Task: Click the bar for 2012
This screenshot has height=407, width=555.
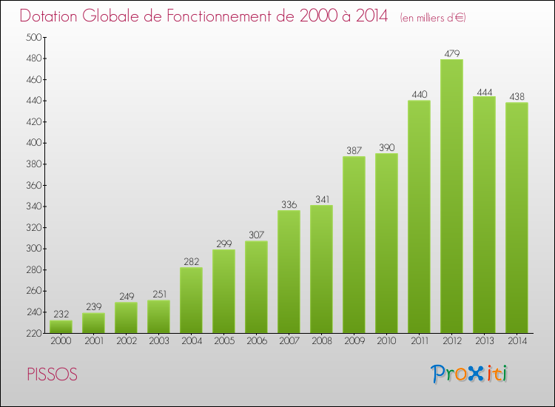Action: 451,196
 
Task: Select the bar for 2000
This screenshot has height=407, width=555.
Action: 61,326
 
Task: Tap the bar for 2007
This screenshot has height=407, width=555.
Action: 289,272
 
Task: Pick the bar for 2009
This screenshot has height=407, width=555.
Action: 354,244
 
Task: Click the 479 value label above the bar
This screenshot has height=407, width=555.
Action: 451,53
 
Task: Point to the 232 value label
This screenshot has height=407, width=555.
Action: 61,314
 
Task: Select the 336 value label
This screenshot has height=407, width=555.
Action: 289,204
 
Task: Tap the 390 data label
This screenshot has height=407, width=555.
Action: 386,147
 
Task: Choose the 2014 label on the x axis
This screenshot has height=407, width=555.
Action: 517,342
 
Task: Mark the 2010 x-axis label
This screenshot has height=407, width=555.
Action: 386,342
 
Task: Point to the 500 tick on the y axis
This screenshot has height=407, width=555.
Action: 34,37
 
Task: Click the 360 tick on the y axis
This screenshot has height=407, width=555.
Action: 34,185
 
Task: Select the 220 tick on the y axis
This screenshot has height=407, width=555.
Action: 34,333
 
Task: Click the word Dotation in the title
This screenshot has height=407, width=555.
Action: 52,16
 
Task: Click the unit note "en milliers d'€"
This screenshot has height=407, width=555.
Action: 433,18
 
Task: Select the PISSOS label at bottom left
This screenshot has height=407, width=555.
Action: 52,374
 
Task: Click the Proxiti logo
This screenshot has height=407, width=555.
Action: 469,374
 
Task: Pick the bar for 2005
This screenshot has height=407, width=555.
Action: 223,291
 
